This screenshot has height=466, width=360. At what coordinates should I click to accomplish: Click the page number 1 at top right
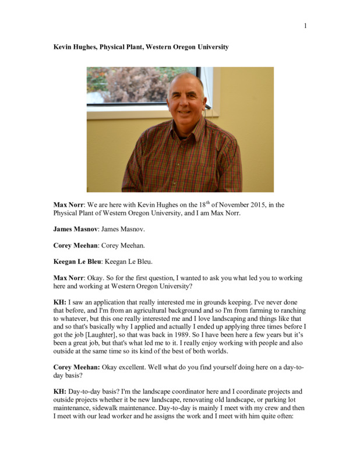(x=305, y=26)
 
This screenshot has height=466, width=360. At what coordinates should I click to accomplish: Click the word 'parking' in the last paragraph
(x=269, y=400)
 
